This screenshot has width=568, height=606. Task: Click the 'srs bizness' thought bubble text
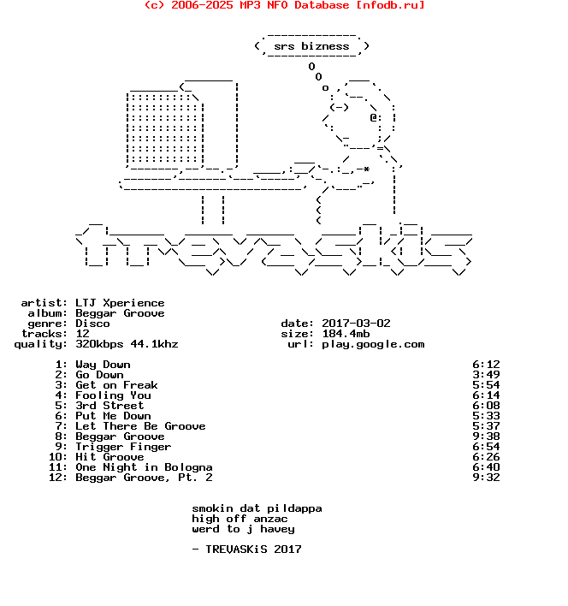[x=311, y=46]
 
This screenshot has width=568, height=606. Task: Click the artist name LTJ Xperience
[x=120, y=303]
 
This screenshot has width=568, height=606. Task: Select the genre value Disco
[x=92, y=324]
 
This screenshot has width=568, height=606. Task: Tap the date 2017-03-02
[x=356, y=324]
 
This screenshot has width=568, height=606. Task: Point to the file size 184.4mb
[x=346, y=334]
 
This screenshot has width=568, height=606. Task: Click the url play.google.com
[x=373, y=344]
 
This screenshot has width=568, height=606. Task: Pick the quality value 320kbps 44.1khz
[x=127, y=344]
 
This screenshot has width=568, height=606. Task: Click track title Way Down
[x=103, y=365]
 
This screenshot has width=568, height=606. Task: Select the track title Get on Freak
[x=116, y=385]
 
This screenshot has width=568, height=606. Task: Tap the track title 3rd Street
[x=109, y=406]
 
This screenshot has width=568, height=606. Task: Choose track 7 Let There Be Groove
[x=140, y=426]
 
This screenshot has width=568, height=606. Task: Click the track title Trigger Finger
[x=123, y=447]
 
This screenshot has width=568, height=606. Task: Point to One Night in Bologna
[x=144, y=467]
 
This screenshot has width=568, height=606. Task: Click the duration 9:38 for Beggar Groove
[x=486, y=437]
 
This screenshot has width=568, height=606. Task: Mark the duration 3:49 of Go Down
[x=486, y=375]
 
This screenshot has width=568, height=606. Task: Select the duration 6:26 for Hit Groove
[x=486, y=457]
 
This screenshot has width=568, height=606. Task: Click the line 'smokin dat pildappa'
[x=257, y=508]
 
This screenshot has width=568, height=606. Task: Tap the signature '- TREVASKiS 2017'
[x=246, y=550]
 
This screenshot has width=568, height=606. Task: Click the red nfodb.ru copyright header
[x=284, y=5]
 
